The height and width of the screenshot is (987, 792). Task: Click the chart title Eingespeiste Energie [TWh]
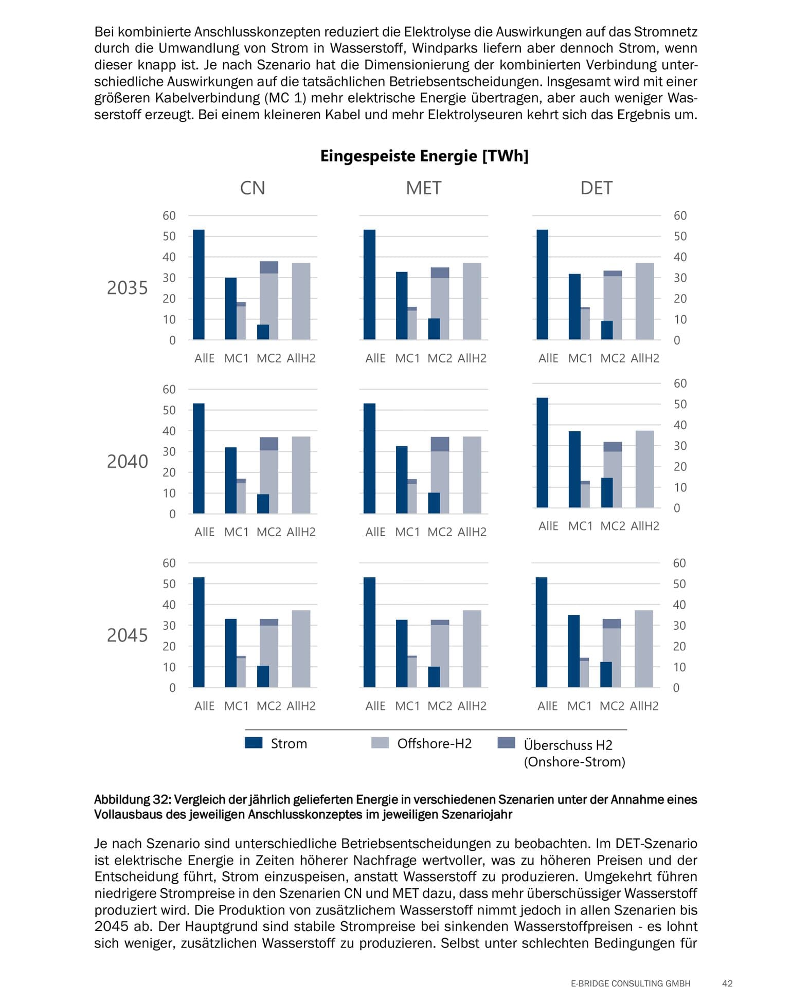424,156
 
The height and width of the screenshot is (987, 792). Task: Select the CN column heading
253,188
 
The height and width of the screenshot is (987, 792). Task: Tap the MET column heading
423,188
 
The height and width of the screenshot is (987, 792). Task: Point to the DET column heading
596,188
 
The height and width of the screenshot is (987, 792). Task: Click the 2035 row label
127,288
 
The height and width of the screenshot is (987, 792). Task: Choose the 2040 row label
127,462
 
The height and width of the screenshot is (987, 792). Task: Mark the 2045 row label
127,635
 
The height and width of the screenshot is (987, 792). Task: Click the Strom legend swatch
254,743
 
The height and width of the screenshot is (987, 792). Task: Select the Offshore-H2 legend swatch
380,743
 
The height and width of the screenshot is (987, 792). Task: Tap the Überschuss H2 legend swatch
507,743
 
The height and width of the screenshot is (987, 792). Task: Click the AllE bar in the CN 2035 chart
199,285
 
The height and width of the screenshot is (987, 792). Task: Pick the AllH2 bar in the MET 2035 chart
472,301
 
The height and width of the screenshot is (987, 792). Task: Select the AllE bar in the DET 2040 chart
543,453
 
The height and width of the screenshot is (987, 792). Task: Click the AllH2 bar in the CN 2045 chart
301,649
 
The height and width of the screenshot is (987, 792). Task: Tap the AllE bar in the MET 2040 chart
369,459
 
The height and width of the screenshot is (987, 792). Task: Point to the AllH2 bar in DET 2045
644,649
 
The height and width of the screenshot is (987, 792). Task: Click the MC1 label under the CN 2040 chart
236,532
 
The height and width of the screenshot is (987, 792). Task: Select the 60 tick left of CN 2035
169,216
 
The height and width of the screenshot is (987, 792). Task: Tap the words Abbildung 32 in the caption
132,800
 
